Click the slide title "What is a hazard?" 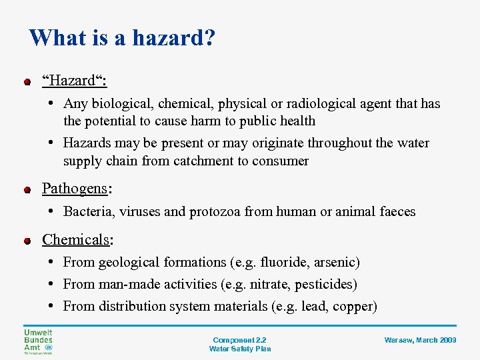pyautogui.click(x=122, y=37)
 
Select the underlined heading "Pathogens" pyautogui.click(x=75, y=189)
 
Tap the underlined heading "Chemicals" pyautogui.click(x=75, y=239)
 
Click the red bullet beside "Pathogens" pyautogui.click(x=27, y=191)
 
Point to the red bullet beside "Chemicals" pyautogui.click(x=27, y=241)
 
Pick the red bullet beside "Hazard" pyautogui.click(x=27, y=83)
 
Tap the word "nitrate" pyautogui.click(x=269, y=285)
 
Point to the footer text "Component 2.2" pyautogui.click(x=239, y=340)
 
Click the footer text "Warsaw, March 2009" pyautogui.click(x=420, y=340)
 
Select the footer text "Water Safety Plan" pyautogui.click(x=239, y=349)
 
